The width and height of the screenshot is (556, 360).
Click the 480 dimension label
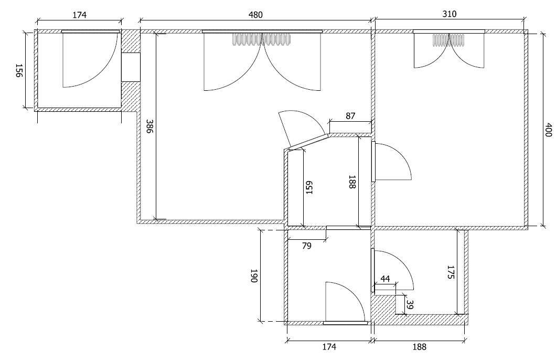tap(255, 15)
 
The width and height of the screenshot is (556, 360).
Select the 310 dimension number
tap(450, 14)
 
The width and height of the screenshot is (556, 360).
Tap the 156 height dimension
tap(19, 71)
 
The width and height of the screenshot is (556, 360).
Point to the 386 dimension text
tap(149, 126)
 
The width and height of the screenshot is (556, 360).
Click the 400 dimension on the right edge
tap(548, 130)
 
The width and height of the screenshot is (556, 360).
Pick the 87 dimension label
tap(350, 116)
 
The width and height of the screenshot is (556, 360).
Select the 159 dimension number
tap(309, 188)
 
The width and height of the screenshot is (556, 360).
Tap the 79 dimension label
tap(306, 246)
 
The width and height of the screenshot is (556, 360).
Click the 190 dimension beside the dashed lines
tap(254, 276)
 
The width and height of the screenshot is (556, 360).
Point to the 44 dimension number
tap(385, 279)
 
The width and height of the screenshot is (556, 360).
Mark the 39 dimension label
tap(410, 305)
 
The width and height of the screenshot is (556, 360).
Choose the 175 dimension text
tap(450, 272)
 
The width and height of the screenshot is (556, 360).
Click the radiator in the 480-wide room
tap(262, 39)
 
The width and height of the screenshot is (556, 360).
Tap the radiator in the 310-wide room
tap(448, 40)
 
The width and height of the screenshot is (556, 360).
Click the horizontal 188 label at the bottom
tap(420, 346)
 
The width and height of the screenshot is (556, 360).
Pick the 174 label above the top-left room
tap(79, 15)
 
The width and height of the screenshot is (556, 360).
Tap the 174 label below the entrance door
tap(329, 346)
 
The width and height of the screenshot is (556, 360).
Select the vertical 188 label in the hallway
tap(352, 182)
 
